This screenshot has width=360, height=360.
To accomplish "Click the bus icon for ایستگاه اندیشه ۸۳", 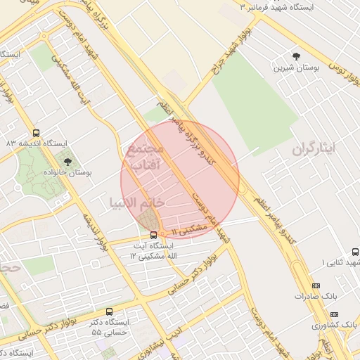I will pos(37,133).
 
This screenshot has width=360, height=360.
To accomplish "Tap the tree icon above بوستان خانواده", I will pos(67,162).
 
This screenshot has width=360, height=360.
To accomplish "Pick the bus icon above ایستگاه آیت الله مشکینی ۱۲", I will pos(154,236).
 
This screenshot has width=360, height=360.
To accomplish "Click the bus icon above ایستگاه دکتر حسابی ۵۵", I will pos(109,311).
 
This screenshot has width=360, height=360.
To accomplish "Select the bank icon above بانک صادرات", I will pos(316,286).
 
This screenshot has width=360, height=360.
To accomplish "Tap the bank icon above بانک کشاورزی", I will pos(334,314).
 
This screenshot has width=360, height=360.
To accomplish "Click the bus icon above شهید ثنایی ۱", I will pos(355,252).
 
